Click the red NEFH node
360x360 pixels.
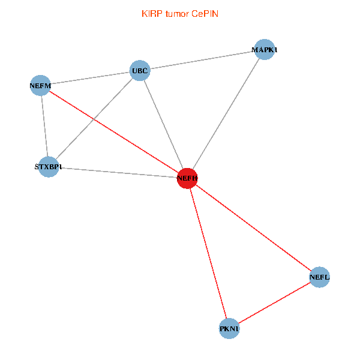187,178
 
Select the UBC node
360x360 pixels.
140,71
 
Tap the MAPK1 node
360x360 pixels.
264,49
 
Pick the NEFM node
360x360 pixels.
40,86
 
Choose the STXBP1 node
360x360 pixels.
48,166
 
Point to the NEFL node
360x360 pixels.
319,277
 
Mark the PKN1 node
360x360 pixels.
229,329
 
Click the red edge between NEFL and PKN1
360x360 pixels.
274,303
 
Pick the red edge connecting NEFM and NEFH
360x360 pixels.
114,132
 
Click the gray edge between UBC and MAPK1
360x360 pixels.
202,60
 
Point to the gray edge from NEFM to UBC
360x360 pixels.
90,79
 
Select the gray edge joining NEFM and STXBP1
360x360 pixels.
44,126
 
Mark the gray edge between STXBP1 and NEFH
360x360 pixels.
118,172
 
